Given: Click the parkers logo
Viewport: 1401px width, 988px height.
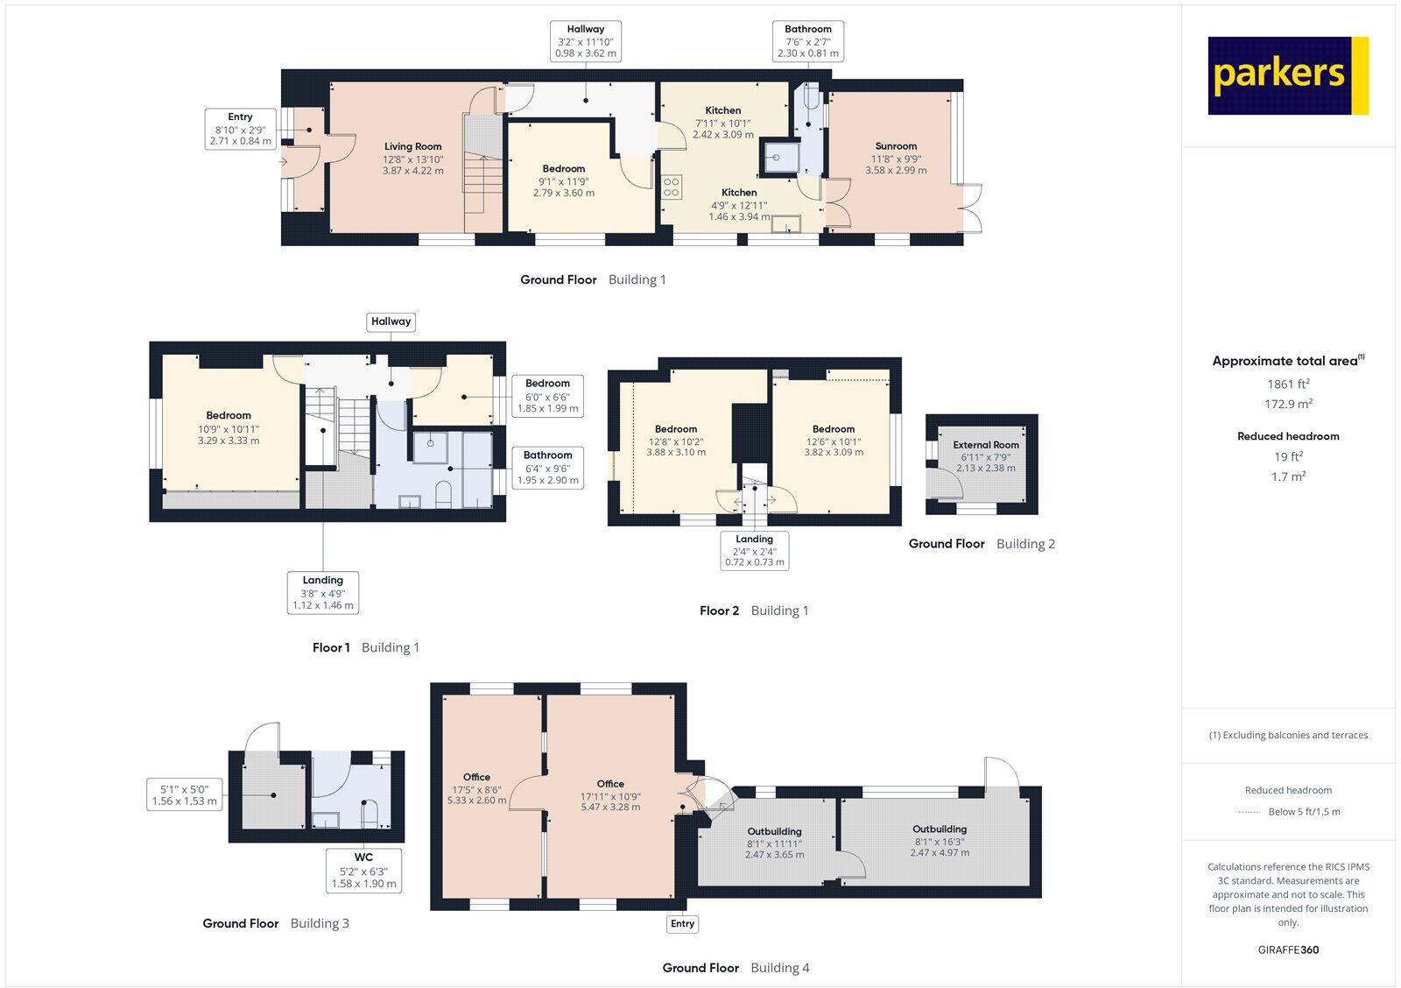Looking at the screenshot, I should click(x=1287, y=75).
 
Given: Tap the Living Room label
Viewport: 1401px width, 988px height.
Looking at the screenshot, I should click(x=412, y=146).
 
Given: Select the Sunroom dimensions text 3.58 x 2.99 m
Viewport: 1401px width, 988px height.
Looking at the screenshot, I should click(x=896, y=171).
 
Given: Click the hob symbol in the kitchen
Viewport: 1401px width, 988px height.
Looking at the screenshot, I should click(x=672, y=187).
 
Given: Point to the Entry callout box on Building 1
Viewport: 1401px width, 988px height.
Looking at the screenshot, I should click(x=240, y=129).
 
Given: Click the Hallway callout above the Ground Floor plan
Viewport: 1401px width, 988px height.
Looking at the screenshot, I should click(x=585, y=41).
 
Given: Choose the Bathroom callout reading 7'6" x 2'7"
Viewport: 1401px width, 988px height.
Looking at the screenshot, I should click(x=807, y=41).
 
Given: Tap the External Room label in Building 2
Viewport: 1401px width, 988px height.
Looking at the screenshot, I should click(x=986, y=445).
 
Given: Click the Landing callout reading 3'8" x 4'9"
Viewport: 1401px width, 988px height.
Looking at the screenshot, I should click(x=322, y=592).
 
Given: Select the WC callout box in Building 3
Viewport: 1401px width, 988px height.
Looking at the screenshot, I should click(x=363, y=870).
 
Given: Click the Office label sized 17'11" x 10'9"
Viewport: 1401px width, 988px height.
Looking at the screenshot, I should click(x=610, y=784).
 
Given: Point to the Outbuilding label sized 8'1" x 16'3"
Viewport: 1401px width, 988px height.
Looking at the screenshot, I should click(x=939, y=829).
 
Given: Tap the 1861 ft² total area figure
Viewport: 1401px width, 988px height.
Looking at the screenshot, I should click(x=1288, y=384).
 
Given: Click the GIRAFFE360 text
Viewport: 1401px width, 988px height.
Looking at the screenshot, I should click(x=1288, y=949).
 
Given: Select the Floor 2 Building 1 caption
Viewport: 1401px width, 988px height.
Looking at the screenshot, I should click(x=754, y=610).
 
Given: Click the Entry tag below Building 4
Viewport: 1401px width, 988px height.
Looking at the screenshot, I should click(x=682, y=923).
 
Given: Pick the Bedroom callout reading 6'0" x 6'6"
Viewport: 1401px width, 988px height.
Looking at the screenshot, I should click(x=547, y=396).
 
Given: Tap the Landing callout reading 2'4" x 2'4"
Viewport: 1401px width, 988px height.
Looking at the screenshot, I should click(x=754, y=550).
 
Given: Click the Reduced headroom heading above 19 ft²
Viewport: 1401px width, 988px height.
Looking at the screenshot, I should click(x=1288, y=435).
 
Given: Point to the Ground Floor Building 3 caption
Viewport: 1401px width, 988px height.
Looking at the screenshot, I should click(x=276, y=923).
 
